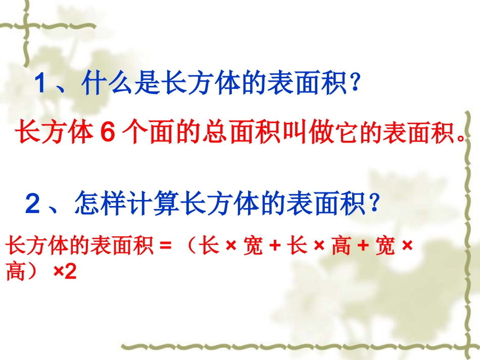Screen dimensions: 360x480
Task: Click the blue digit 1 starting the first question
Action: coord(42,84)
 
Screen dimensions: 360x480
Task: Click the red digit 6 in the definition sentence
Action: coord(108,133)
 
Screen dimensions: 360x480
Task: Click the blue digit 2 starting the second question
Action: coord(32,204)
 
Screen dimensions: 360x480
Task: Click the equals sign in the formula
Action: coord(163,247)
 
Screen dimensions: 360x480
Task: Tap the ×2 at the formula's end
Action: coord(64,274)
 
